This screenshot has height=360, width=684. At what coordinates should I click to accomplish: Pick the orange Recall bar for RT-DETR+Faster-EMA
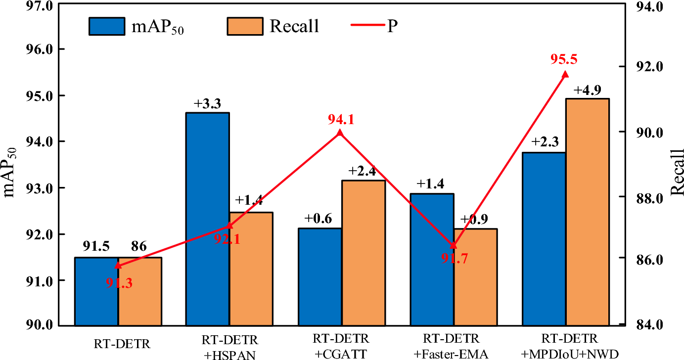[x=475, y=277]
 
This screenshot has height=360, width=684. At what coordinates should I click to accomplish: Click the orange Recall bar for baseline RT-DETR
[x=140, y=291]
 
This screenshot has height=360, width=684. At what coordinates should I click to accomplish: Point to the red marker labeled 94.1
[x=339, y=133]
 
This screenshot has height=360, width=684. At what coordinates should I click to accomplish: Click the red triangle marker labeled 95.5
[x=565, y=74]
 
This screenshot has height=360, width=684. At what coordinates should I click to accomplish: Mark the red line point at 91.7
[x=454, y=245]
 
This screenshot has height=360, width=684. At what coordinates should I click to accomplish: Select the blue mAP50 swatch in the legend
[x=107, y=26]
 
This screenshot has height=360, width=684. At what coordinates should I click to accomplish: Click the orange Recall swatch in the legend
[x=244, y=26]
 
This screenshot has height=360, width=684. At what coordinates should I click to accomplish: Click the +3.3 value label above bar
[x=207, y=104]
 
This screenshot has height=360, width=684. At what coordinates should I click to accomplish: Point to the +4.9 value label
[x=587, y=90]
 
